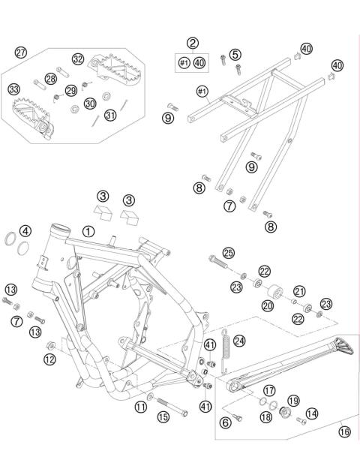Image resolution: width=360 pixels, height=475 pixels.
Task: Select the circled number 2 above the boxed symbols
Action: click(x=193, y=44)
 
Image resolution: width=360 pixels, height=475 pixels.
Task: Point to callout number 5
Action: click(x=235, y=54)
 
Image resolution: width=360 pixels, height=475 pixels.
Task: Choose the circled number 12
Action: click(x=49, y=359)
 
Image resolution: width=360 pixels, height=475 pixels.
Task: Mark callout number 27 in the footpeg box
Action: click(x=21, y=52)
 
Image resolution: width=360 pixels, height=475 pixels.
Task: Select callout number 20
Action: click(x=268, y=305)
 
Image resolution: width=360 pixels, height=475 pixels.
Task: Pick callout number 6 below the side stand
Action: click(x=224, y=422)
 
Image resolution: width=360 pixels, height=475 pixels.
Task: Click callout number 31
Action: click(x=109, y=115)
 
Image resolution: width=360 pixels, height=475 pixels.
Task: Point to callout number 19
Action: click(x=293, y=401)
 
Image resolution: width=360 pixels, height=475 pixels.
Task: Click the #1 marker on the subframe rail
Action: click(x=202, y=92)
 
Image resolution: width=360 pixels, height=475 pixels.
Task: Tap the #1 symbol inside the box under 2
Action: click(x=183, y=63)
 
